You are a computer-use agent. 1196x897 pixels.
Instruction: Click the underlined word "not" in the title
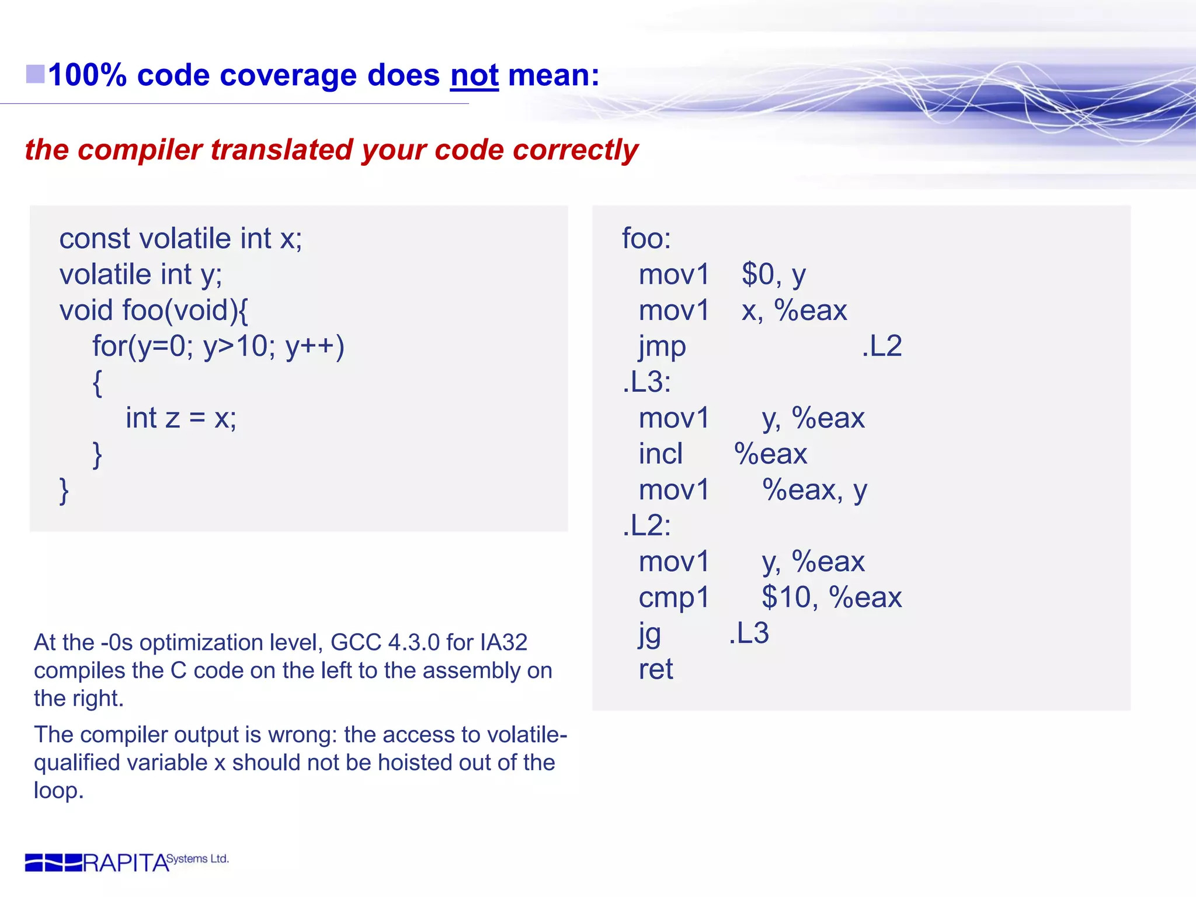[x=474, y=76]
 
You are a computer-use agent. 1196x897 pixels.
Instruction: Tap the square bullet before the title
[x=36, y=74]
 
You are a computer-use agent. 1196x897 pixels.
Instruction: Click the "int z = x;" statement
[x=181, y=418]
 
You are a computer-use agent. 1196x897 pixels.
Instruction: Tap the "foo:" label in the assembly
[x=646, y=239]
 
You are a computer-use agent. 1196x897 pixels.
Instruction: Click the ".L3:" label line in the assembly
[x=646, y=383]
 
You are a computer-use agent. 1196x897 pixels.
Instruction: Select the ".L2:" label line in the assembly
[x=646, y=526]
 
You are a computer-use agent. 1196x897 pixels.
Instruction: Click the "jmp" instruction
[x=662, y=346]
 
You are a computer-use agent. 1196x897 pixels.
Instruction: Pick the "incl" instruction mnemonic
[x=660, y=454]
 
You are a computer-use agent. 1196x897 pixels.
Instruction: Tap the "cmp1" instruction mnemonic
[x=674, y=597]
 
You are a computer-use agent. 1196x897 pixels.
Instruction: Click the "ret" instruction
[x=656, y=669]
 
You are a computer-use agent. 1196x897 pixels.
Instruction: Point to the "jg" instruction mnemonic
[x=649, y=634]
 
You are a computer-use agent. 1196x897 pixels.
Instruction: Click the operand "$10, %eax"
[x=832, y=597]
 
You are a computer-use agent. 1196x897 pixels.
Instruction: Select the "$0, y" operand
[x=774, y=274]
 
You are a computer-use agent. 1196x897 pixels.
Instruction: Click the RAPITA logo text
[x=126, y=863]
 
